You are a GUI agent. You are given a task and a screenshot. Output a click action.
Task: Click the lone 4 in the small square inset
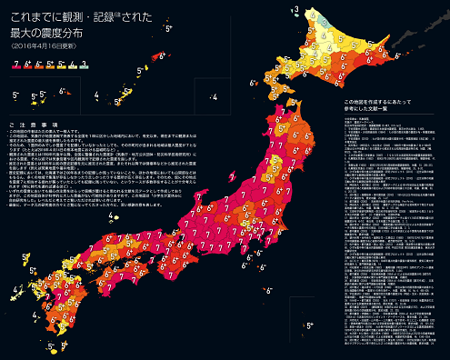(x=213, y=95)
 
